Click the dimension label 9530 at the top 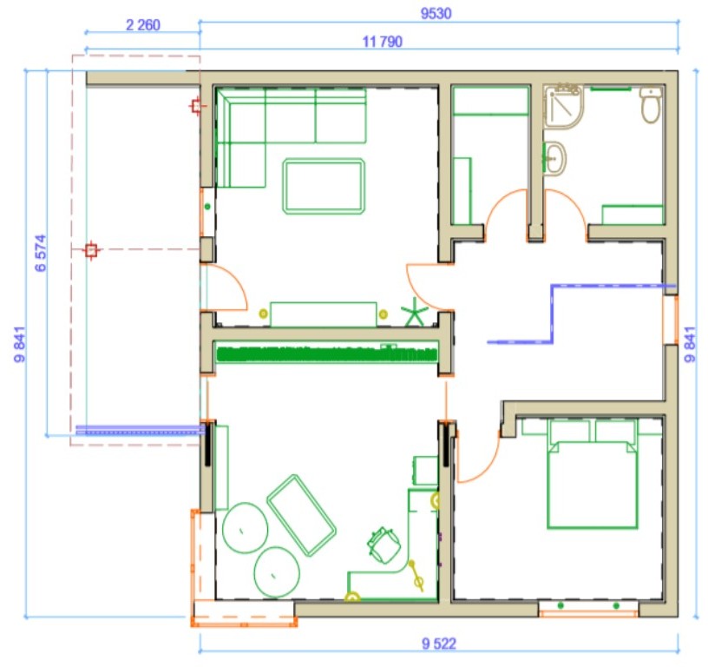pos(436,14)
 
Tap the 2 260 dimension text pos(142,25)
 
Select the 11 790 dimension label pos(383,42)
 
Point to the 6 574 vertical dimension pos(41,253)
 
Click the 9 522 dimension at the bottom pos(439,644)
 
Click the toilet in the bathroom pos(650,104)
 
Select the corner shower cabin pos(563,106)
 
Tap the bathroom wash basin pos(554,158)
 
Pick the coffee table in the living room pos(324,186)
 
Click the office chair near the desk pos(383,545)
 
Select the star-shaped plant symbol pos(414,312)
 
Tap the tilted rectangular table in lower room pos(301,515)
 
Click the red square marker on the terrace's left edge pos(91,250)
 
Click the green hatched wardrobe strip pos(327,353)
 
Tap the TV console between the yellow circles pos(324,314)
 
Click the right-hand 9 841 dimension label pos(691,344)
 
